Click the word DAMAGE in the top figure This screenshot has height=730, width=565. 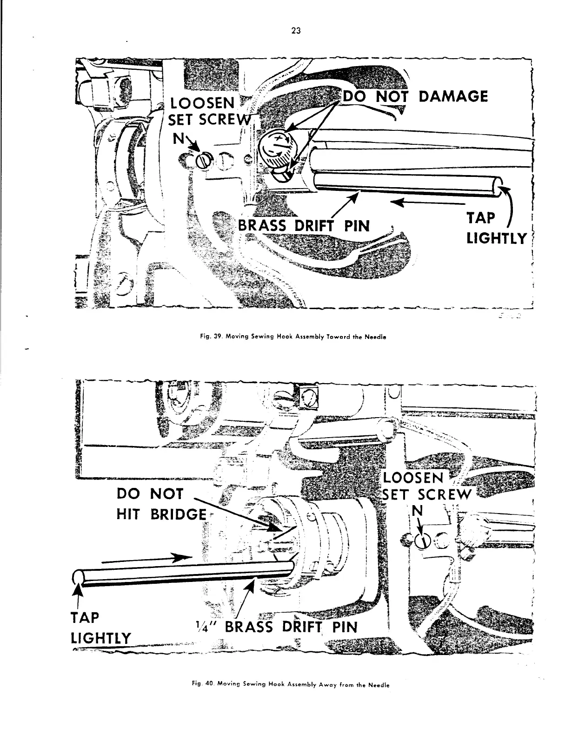pyautogui.click(x=453, y=96)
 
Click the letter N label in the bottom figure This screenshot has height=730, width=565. pyautogui.click(x=419, y=511)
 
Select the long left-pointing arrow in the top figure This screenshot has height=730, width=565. pyautogui.click(x=428, y=203)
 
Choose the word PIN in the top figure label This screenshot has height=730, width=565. pyautogui.click(x=356, y=226)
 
